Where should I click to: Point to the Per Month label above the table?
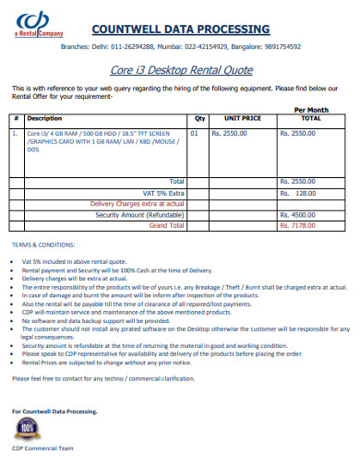(x=310, y=110)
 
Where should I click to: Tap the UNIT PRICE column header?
(x=243, y=119)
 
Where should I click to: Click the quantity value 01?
(x=194, y=133)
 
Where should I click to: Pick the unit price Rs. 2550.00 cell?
(x=229, y=133)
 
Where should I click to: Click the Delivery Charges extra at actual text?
(x=137, y=203)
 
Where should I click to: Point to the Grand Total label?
(x=166, y=224)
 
